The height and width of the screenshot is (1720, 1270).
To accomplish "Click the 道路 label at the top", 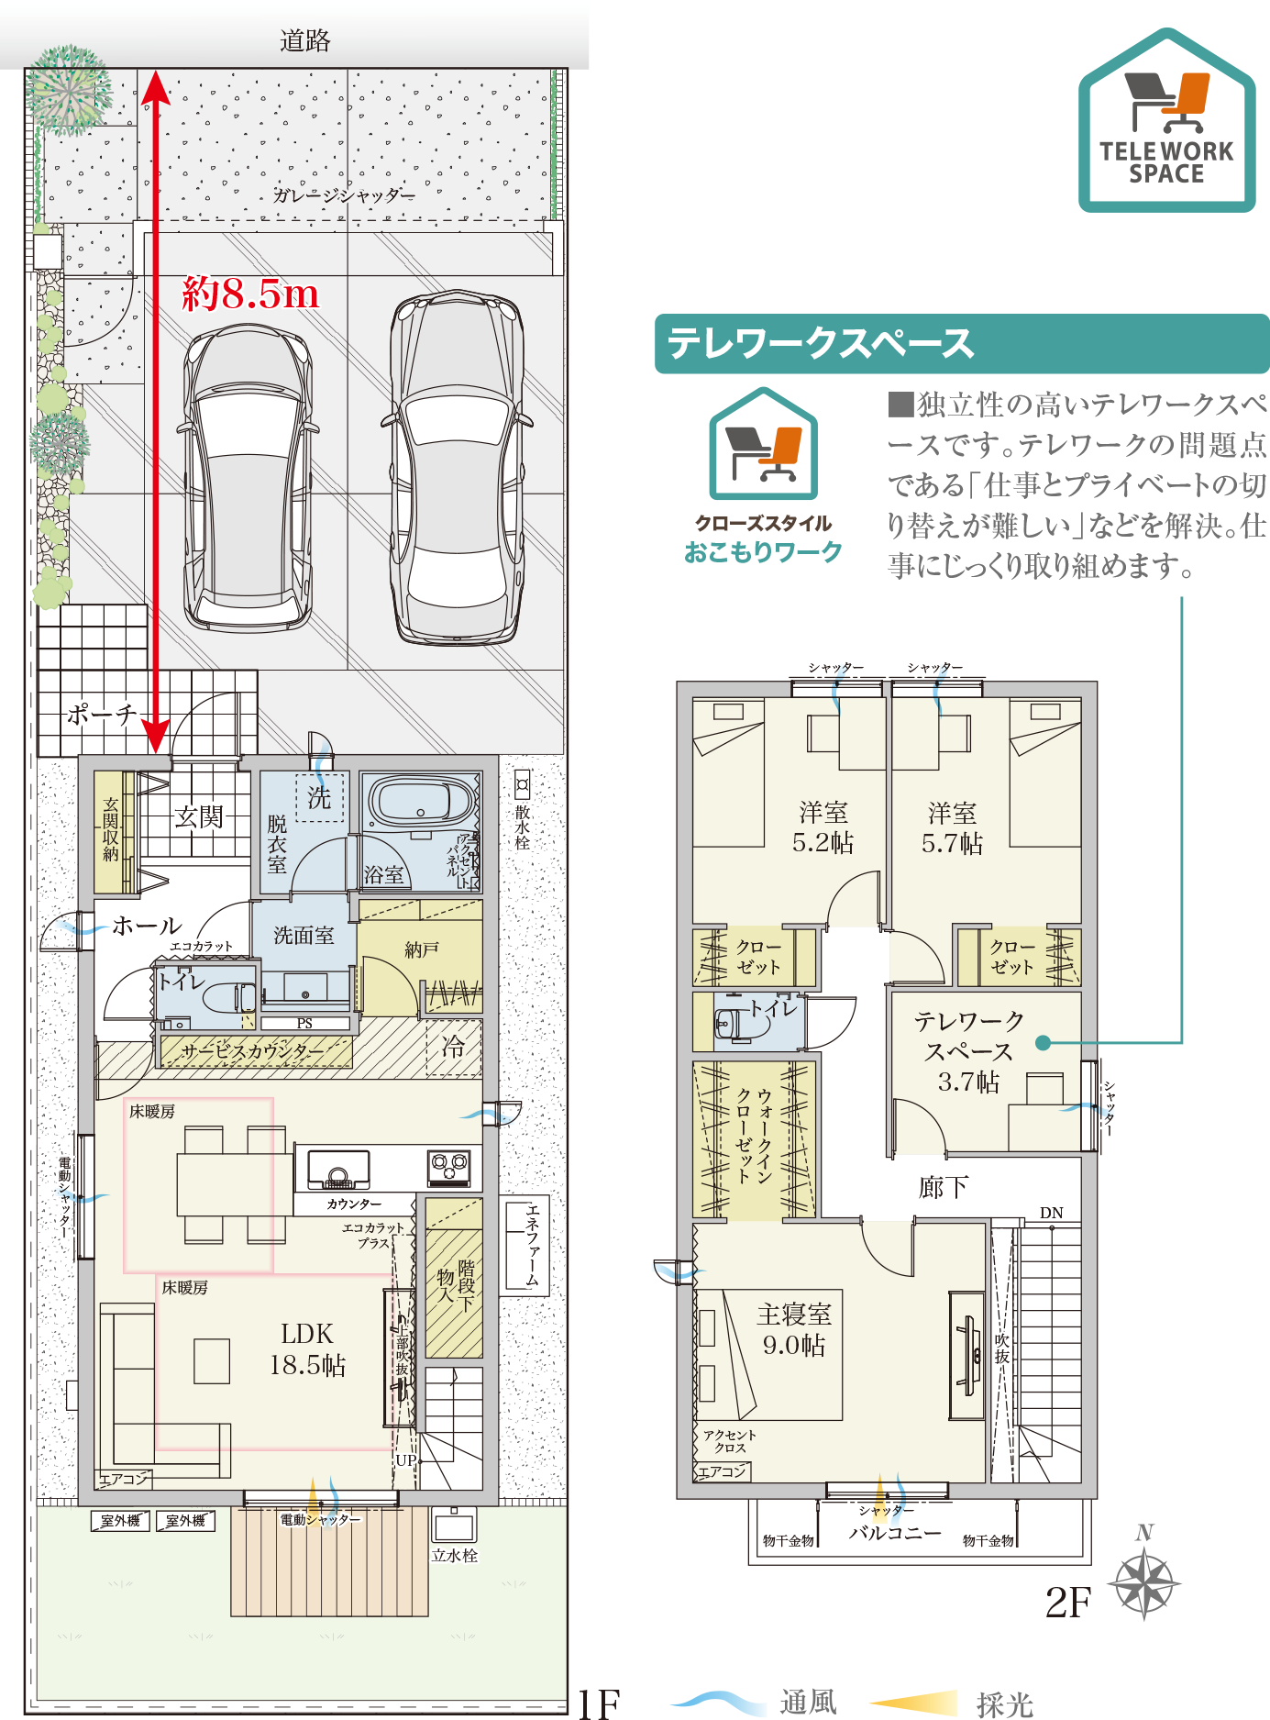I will [304, 41].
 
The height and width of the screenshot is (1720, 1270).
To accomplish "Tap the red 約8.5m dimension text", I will [250, 294].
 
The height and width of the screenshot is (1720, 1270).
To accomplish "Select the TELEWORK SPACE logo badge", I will [1166, 122].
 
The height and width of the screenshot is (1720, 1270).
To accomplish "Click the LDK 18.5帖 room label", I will [307, 1349].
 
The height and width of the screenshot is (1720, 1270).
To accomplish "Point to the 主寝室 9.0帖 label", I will [794, 1329].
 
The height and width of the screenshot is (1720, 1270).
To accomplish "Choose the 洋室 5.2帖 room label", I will [823, 827].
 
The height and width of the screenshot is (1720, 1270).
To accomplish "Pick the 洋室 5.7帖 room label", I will [952, 828].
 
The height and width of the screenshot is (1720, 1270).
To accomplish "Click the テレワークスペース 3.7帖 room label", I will [968, 1051].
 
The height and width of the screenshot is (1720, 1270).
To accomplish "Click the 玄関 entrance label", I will [199, 816].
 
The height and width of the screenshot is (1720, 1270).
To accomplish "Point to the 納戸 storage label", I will [422, 950].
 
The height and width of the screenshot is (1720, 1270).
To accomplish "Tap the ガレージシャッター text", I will [344, 195].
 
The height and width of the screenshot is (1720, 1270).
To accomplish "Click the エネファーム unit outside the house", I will [525, 1245].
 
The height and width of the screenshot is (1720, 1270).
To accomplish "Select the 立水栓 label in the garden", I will [455, 1555].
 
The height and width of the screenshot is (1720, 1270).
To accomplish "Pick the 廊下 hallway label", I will [943, 1188].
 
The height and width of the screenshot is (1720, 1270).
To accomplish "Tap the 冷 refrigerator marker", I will [453, 1047].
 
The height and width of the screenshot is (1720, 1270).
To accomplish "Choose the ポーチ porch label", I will [101, 715].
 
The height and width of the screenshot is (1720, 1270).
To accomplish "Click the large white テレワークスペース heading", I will [820, 344].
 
